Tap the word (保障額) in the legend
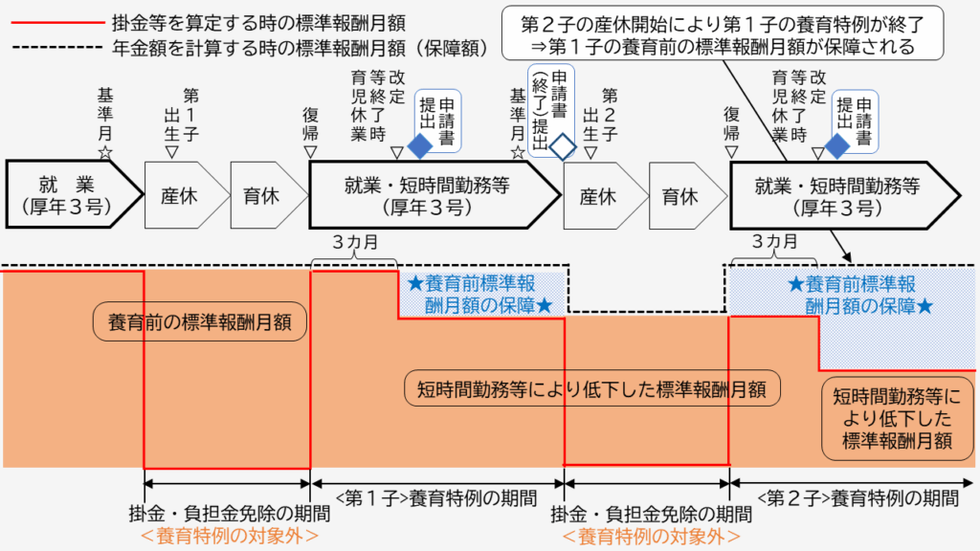click(x=446, y=45)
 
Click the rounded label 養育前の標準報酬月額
click(x=200, y=321)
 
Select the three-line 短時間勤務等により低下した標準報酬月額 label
click(x=895, y=416)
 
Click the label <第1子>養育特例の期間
click(x=435, y=496)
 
